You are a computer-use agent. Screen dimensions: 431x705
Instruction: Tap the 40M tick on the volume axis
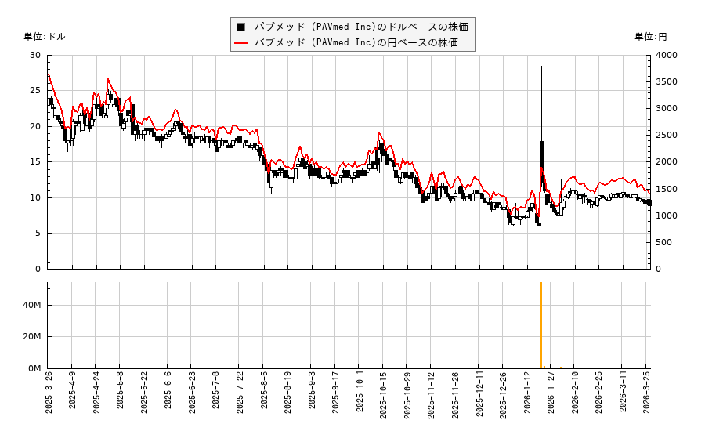(x=33, y=305)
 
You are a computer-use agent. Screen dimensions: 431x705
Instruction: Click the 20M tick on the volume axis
(x=33, y=336)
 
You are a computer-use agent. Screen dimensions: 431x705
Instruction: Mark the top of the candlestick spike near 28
(x=541, y=67)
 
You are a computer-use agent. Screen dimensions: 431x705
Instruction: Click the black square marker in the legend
(x=241, y=27)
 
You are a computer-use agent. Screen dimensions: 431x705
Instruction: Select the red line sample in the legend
(x=241, y=42)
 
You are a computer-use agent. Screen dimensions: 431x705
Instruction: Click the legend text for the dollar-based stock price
(x=361, y=27)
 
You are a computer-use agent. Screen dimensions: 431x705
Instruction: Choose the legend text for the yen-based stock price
(x=356, y=42)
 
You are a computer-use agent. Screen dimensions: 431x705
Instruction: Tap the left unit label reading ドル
(x=45, y=37)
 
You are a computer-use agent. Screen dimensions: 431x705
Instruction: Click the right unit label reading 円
(x=651, y=37)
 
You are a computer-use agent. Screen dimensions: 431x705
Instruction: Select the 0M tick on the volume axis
(x=35, y=368)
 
